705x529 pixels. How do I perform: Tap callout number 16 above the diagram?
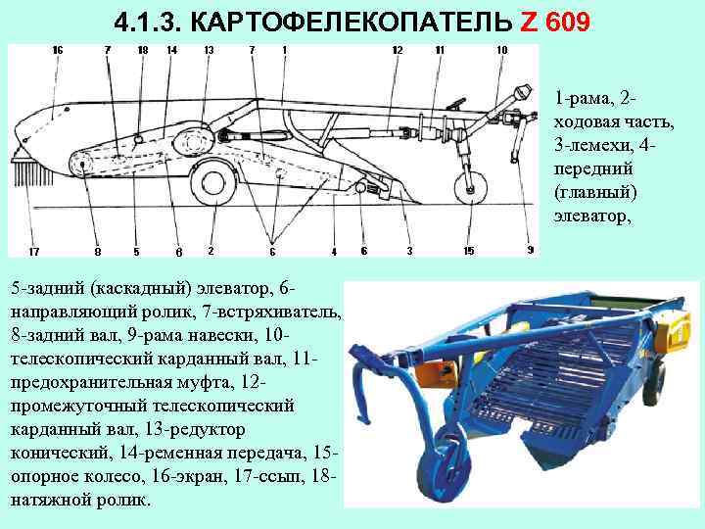(58, 50)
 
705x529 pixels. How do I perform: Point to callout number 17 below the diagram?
(34, 251)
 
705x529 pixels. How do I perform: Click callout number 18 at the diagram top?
(143, 50)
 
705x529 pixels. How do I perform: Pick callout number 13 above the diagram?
(209, 50)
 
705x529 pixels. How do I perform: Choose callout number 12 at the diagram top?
(397, 50)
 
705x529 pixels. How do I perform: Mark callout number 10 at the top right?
(502, 50)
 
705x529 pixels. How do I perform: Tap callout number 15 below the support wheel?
(469, 251)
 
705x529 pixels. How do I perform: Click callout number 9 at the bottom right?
(531, 250)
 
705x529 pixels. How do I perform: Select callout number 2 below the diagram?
(211, 251)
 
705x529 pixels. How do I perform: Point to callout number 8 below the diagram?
(97, 251)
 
